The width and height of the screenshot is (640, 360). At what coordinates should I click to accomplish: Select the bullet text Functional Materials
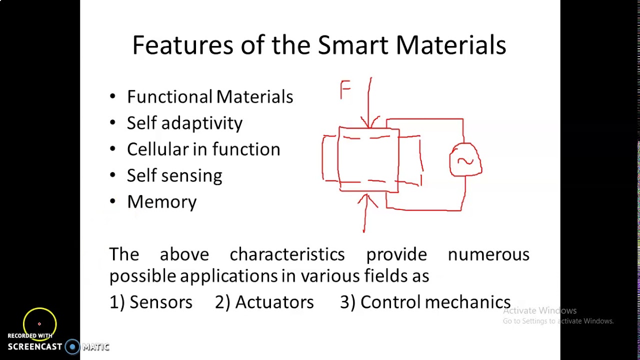tap(210, 96)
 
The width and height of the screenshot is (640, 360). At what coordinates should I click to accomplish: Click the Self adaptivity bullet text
tap(184, 123)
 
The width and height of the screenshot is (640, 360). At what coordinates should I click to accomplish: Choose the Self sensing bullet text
tap(174, 175)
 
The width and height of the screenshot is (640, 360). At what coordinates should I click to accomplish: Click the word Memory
tap(162, 201)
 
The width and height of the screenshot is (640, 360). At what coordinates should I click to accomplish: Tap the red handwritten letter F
tap(345, 90)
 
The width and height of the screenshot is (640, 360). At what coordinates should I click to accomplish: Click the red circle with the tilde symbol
tap(465, 160)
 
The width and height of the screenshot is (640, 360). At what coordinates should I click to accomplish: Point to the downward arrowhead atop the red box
tap(370, 122)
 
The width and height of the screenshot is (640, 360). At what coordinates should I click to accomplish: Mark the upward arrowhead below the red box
tap(367, 200)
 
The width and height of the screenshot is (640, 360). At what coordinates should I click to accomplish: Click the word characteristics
tap(287, 254)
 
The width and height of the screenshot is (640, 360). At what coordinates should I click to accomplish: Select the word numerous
tap(488, 254)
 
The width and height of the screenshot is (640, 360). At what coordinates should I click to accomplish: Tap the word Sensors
tap(160, 302)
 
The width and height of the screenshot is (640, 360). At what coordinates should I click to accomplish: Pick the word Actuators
tap(274, 302)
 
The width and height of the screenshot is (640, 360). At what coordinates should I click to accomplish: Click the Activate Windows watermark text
tap(539, 310)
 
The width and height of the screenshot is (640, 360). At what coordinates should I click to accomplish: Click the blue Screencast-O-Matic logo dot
tap(72, 346)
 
